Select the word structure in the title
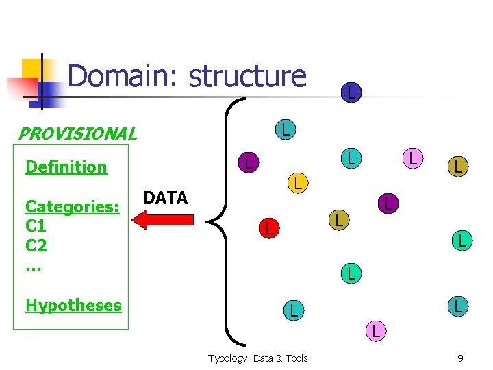point(247,76)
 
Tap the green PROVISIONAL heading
point(77,134)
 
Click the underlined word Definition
point(66,167)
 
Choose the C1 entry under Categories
point(36,225)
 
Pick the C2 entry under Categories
point(36,245)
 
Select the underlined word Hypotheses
point(73,306)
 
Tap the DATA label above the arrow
point(166,198)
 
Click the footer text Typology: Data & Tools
point(258,358)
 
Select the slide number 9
point(460,358)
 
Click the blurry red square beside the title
point(21,88)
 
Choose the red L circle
point(268,229)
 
